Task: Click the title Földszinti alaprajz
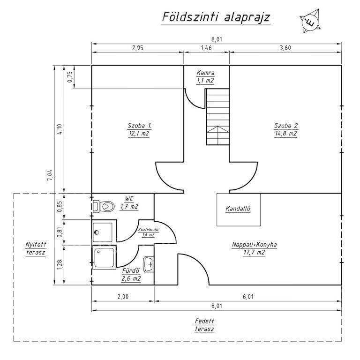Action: click(216, 17)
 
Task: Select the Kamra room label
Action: click(205, 73)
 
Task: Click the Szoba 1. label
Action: click(140, 126)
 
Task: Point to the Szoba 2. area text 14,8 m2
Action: click(286, 134)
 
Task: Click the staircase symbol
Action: click(217, 117)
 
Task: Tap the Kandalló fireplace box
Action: click(239, 210)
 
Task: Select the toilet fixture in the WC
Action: click(104, 206)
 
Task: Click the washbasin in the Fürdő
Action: click(149, 264)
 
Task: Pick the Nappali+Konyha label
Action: click(254, 245)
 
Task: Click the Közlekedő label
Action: click(148, 230)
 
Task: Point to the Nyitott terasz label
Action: click(36, 248)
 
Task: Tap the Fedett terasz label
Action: click(204, 325)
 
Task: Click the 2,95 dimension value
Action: click(137, 48)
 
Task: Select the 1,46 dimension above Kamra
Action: click(206, 48)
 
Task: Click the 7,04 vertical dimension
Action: click(50, 175)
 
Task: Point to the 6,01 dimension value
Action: click(248, 297)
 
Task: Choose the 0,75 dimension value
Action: click(70, 77)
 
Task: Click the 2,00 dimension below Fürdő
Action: click(123, 297)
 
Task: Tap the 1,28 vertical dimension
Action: click(60, 265)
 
